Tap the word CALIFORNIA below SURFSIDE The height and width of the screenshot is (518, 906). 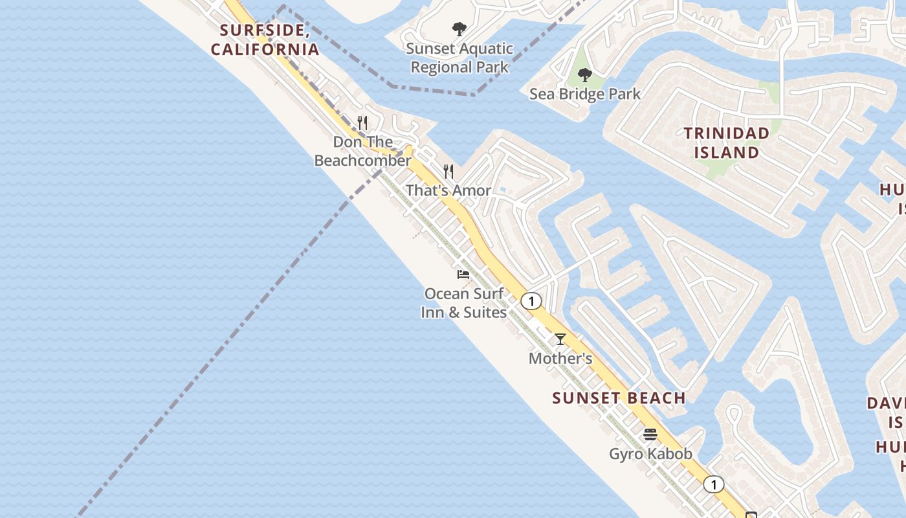point(265,49)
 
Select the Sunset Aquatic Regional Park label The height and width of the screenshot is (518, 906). point(459,58)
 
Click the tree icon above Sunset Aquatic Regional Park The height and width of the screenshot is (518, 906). point(459,29)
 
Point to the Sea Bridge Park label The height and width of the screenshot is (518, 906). point(585,94)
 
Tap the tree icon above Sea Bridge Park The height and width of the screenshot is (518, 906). point(585,75)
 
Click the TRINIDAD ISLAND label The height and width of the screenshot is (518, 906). point(727,142)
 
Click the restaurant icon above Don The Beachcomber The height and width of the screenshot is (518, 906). point(362,122)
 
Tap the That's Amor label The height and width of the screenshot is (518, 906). point(448,190)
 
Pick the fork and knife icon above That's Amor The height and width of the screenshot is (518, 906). point(448,172)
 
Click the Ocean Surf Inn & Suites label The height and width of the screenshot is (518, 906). point(464,303)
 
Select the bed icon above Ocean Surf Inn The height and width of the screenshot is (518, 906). point(463,275)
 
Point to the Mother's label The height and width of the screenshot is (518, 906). point(560,358)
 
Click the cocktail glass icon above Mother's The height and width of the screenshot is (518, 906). point(560,339)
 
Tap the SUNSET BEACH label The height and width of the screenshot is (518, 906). point(619,398)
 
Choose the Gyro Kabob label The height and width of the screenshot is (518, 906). point(650,454)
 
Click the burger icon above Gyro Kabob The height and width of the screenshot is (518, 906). point(650,434)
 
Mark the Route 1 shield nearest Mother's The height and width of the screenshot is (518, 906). point(531,301)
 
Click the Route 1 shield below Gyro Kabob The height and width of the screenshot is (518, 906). point(714,484)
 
